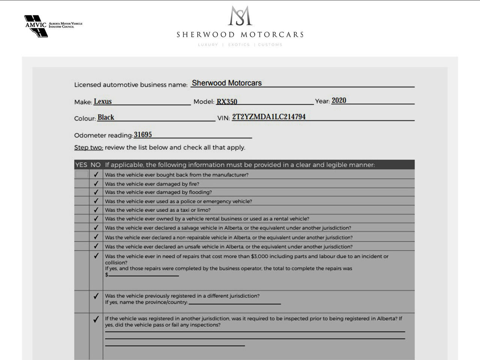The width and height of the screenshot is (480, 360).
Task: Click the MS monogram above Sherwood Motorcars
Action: (240, 16)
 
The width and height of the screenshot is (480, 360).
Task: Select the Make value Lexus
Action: (103, 101)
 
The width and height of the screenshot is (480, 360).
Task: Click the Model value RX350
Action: (227, 102)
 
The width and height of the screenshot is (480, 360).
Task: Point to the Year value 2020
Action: (339, 100)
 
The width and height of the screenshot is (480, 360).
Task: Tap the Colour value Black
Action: (106, 117)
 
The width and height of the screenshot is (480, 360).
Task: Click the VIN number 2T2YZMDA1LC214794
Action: (268, 117)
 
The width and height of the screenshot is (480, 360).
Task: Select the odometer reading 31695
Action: (143, 135)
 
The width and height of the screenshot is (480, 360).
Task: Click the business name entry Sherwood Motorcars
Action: (227, 83)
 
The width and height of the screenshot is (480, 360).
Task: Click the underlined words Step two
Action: (88, 147)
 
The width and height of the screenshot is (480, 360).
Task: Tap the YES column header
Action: (81, 165)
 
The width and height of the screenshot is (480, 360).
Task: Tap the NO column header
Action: (96, 165)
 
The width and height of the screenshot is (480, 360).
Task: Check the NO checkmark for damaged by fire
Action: (96, 184)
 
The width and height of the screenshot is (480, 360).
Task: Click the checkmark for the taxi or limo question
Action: (96, 210)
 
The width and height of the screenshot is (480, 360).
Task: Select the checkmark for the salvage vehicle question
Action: (96, 228)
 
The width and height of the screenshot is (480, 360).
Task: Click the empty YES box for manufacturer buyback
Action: (81, 174)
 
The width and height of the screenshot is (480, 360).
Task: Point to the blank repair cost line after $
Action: (144, 275)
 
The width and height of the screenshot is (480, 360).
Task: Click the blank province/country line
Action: (234, 303)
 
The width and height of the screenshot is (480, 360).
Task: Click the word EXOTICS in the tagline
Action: (239, 45)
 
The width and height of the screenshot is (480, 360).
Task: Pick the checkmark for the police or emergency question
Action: (96, 201)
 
